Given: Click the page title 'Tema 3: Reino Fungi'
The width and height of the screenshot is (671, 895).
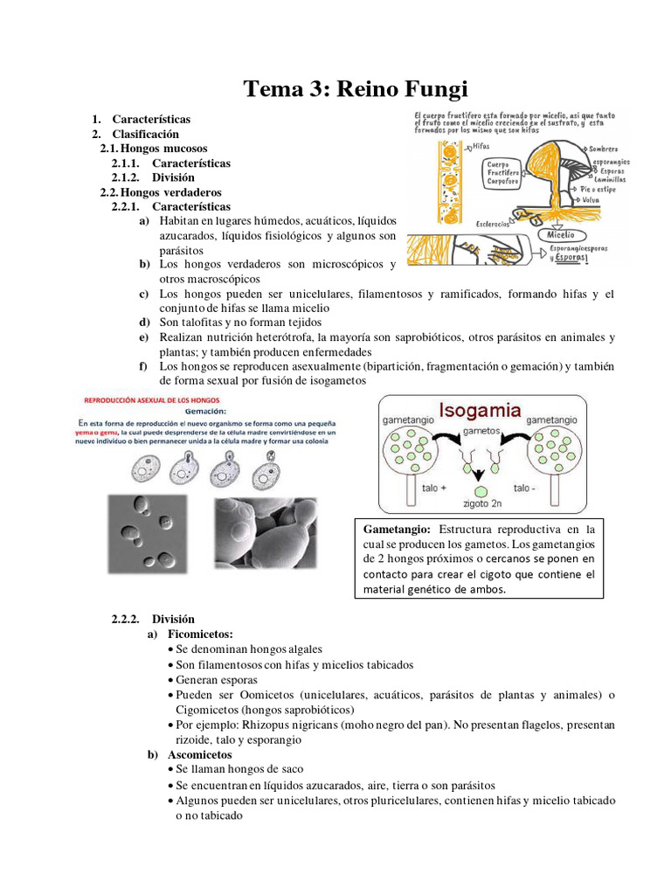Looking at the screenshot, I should pos(355,88).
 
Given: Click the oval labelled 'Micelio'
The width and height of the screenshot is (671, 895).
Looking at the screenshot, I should pos(561,234).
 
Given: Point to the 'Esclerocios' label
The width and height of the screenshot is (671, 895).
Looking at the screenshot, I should pos(494,224).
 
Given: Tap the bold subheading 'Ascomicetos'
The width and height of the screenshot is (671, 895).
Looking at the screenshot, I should pos(200,753).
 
